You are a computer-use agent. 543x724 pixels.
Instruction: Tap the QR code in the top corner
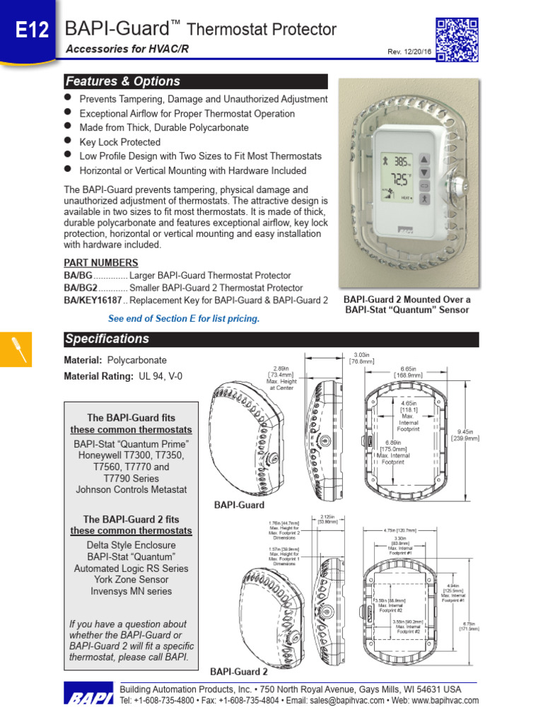pos(457,39)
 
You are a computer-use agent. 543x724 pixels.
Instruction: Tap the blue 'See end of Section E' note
pos(184,319)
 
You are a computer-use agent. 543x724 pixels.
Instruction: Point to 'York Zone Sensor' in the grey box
pos(131,580)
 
